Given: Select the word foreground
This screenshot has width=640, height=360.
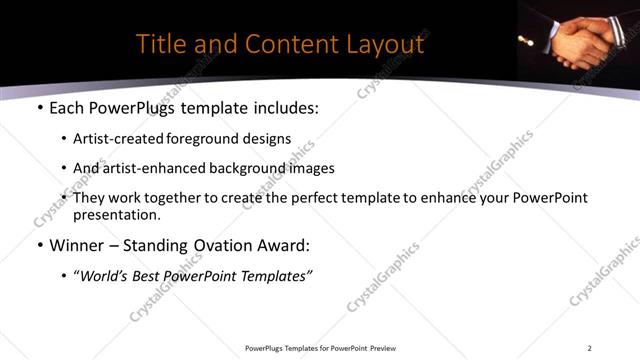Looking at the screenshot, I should click(201, 139).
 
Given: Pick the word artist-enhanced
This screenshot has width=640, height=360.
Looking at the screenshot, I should click(152, 168).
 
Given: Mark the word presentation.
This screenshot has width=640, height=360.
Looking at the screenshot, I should click(116, 215).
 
